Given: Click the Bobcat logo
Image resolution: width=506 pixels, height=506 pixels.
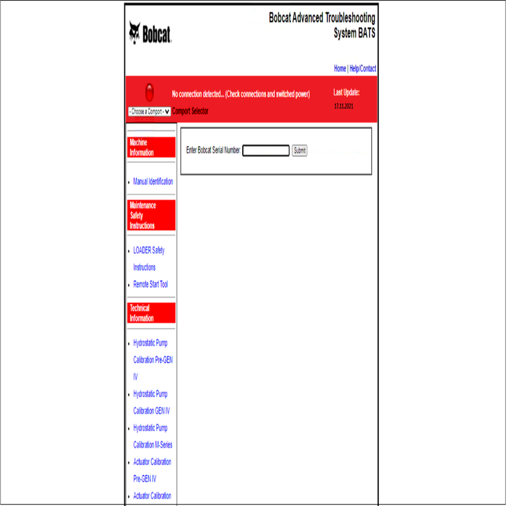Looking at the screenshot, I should click(150, 33).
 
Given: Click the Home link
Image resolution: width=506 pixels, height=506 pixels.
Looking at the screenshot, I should click(340, 69).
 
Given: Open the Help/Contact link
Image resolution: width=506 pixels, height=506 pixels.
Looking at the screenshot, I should click(363, 69).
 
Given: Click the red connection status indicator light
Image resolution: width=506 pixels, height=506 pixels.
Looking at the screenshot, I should click(149, 93).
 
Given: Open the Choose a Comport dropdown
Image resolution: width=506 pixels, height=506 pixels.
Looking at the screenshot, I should click(149, 112).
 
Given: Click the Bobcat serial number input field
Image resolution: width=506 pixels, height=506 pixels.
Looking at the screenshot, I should click(266, 151).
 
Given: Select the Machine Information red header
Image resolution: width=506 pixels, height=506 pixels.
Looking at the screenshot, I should click(151, 148).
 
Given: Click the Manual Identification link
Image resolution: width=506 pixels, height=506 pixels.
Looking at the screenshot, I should click(153, 181).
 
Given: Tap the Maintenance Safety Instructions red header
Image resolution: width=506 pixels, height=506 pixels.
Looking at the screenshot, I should click(151, 216).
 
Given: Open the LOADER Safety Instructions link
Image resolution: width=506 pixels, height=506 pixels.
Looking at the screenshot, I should click(149, 251).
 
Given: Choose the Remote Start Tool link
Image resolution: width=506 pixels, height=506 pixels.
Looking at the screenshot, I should click(150, 284).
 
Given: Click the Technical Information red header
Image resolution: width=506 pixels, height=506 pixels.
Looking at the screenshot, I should click(151, 314).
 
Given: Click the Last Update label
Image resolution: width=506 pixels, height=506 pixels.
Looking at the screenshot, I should click(347, 93).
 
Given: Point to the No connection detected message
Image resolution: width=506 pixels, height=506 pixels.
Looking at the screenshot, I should click(241, 95).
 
